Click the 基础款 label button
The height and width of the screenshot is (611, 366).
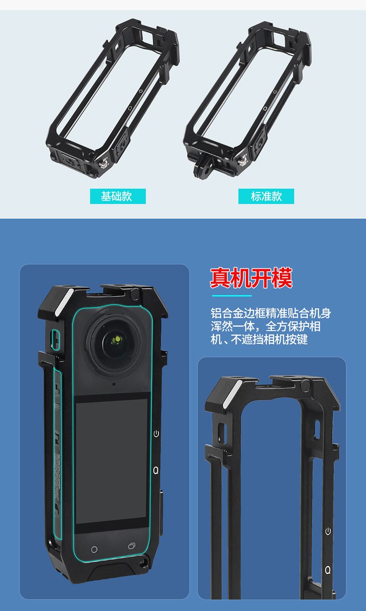click(x=118, y=196)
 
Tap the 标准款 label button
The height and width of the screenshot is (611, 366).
click(x=266, y=196)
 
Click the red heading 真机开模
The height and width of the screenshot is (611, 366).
click(x=251, y=278)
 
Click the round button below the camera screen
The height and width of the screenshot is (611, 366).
click(x=94, y=549)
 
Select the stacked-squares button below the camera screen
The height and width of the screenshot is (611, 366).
click(x=132, y=546)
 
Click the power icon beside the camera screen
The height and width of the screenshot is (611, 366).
click(x=156, y=434)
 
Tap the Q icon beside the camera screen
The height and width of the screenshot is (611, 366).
click(x=156, y=470)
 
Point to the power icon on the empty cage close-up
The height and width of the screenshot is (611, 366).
click(x=328, y=531)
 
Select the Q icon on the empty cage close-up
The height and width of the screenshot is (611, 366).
click(x=328, y=570)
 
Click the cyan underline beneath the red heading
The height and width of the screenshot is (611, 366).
click(x=231, y=296)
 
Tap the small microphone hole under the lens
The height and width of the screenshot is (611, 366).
click(x=113, y=384)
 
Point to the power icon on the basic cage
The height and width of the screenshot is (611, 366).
click(x=141, y=90)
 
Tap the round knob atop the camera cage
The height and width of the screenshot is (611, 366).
click(x=135, y=294)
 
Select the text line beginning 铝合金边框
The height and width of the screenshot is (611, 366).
click(x=271, y=313)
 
